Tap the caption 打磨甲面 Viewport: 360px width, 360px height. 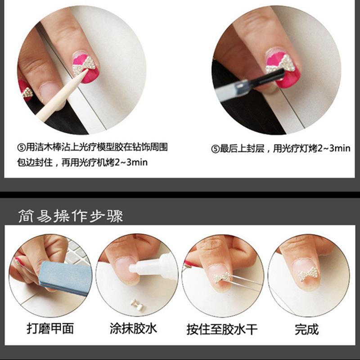44,328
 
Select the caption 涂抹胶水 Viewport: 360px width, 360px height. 133,328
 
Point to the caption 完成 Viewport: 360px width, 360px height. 307,328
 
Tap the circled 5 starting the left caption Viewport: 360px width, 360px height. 18,148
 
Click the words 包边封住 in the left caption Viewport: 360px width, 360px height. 33,162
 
